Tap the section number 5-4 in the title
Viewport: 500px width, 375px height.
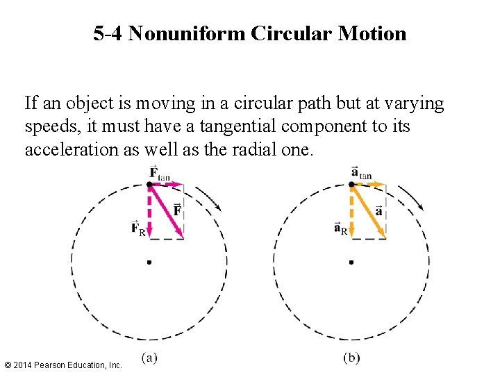108,33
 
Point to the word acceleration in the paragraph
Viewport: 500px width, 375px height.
68,149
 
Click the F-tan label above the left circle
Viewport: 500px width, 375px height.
160,174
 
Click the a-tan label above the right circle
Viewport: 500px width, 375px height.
362,174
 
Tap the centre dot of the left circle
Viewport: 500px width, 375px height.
149,262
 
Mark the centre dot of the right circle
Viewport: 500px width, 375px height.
351,262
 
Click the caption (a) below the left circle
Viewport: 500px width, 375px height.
149,358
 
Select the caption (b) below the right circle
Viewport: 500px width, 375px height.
351,358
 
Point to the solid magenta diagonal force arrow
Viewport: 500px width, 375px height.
167,211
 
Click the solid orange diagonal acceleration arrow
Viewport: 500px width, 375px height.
369,211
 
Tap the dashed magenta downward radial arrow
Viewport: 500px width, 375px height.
149,211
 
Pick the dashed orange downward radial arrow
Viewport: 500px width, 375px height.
351,211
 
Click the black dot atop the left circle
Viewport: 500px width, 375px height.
149,184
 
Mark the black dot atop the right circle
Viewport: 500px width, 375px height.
351,184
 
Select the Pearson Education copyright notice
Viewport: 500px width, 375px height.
63,365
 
